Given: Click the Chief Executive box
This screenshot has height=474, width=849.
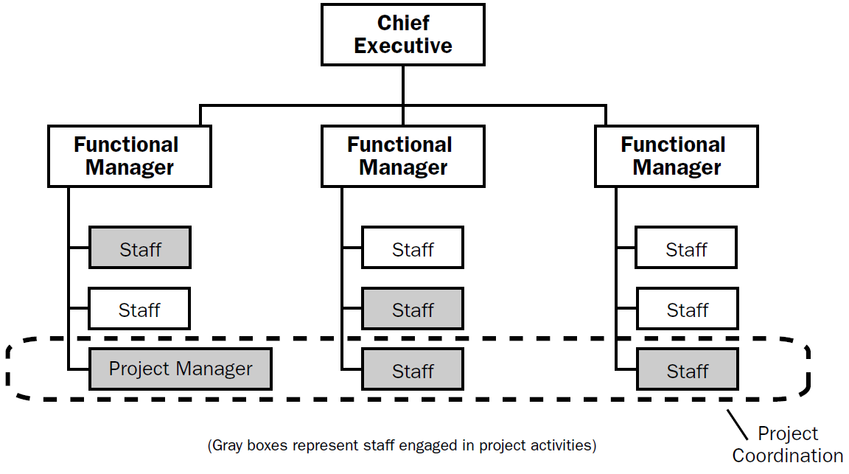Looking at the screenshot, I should click(402, 34).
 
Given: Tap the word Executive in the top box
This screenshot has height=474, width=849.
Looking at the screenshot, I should click(402, 46).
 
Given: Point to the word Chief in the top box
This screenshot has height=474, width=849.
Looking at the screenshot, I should click(403, 23).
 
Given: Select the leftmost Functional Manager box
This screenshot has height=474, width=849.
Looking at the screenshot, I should click(129, 156).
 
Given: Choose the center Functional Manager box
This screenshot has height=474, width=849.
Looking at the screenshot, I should click(402, 156).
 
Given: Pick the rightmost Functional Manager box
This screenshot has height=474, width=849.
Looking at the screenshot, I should click(676, 156).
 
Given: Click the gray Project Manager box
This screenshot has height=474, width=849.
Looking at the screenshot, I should click(180, 369).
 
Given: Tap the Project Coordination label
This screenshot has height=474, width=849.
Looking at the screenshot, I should click(788, 445).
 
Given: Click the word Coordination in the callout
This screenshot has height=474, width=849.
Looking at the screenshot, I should click(788, 456).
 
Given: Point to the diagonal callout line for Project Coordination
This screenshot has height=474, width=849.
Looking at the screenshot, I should click(736, 422).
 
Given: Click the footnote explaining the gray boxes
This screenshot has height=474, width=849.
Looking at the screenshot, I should click(402, 445).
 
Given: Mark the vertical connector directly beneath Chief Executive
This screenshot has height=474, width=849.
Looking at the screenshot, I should click(403, 85).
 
